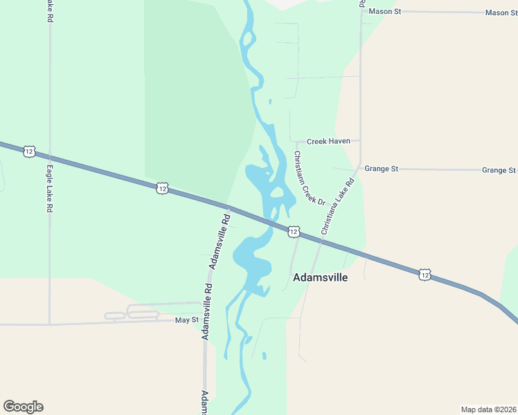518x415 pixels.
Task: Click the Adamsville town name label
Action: pyautogui.click(x=320, y=277)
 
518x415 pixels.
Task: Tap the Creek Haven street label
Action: pyautogui.click(x=328, y=141)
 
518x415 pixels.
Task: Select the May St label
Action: pyautogui.click(x=186, y=320)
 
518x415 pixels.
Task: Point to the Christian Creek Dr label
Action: pyautogui.click(x=309, y=178)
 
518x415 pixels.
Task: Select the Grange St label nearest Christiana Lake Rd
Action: pyautogui.click(x=382, y=169)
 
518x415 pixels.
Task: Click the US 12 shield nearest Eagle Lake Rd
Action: pyautogui.click(x=28, y=151)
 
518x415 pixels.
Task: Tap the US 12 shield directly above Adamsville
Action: pyautogui.click(x=294, y=231)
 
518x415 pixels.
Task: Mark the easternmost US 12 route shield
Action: pyautogui.click(x=424, y=275)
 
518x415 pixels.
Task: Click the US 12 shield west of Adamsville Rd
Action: pyautogui.click(x=161, y=188)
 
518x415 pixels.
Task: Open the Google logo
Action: pyautogui.click(x=23, y=407)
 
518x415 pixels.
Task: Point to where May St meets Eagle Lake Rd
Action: pyautogui.click(x=50, y=323)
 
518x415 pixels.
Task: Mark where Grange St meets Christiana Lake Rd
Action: pyautogui.click(x=358, y=168)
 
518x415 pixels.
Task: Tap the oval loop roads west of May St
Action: pyautogui.click(x=132, y=315)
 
